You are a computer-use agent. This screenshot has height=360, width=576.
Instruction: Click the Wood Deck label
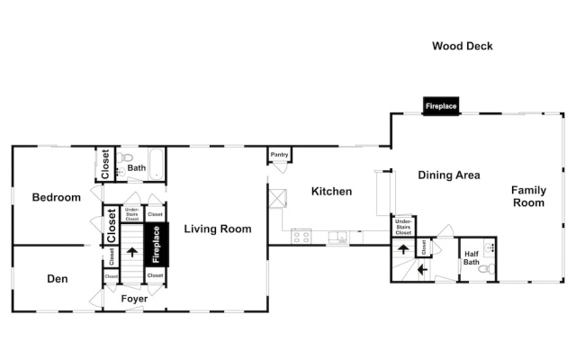pyautogui.click(x=462, y=46)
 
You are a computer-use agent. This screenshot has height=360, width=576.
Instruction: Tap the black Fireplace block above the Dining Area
pyautogui.click(x=441, y=106)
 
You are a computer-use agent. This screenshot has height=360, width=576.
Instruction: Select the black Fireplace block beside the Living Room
pyautogui.click(x=157, y=244)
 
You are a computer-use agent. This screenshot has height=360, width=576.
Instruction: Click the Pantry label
pyautogui.click(x=280, y=155)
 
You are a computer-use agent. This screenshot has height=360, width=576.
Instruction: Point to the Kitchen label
pyautogui.click(x=331, y=191)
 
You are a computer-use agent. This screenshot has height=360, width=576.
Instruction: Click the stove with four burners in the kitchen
pyautogui.click(x=301, y=236)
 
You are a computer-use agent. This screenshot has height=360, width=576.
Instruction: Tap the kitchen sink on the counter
pyautogui.click(x=338, y=238)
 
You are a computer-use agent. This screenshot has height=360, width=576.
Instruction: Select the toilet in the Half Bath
pyautogui.click(x=487, y=268)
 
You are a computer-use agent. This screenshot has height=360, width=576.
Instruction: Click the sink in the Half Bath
pyautogui.click(x=489, y=247)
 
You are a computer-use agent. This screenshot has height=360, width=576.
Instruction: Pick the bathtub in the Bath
pyautogui.click(x=157, y=164)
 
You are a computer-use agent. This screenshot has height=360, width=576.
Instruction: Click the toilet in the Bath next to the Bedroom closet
pyautogui.click(x=124, y=157)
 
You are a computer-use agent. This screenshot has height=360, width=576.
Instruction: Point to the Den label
pyautogui.click(x=58, y=279)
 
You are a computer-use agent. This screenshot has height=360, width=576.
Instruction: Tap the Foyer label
pyautogui.click(x=134, y=299)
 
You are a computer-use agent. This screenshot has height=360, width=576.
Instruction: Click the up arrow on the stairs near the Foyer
pyautogui.click(x=132, y=252)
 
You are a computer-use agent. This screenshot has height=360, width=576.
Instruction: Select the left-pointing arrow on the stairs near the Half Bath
pyautogui.click(x=422, y=270)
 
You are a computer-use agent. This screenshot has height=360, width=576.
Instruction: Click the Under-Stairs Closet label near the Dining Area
pyautogui.click(x=403, y=227)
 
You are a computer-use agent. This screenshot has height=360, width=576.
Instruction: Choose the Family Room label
pyautogui.click(x=528, y=196)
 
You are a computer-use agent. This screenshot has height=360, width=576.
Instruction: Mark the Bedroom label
pyautogui.click(x=56, y=197)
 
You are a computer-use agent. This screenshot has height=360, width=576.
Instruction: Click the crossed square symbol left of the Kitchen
pyautogui.click(x=278, y=198)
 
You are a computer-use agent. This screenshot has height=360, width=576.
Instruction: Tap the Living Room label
pyautogui.click(x=218, y=229)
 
